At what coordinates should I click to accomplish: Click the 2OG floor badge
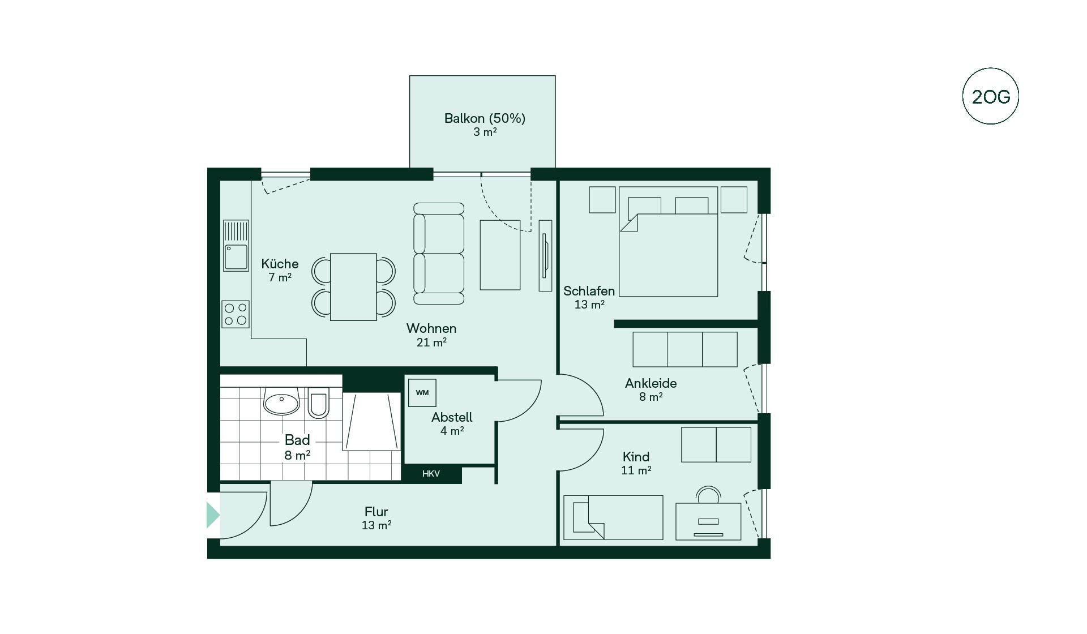tap(990, 96)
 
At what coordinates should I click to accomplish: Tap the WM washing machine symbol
tap(422, 393)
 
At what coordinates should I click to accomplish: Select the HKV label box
tap(431, 474)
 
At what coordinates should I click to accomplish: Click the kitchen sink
tap(236, 246)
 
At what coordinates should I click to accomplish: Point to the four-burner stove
tap(236, 314)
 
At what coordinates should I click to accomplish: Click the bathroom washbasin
tap(281, 401)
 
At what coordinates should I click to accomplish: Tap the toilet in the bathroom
tap(319, 402)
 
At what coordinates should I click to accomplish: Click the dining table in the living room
tap(353, 287)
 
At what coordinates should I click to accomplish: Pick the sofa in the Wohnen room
tap(439, 254)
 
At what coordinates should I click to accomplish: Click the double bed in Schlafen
tap(668, 242)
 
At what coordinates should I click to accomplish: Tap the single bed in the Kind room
tap(613, 517)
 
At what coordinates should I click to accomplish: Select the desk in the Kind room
tap(708, 521)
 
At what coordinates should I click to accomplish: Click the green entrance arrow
tap(213, 515)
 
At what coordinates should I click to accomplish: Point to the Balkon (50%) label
tap(485, 118)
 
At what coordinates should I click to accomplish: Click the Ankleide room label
tap(651, 383)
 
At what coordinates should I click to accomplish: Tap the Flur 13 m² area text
tap(376, 518)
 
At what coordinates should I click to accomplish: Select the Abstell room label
tap(452, 417)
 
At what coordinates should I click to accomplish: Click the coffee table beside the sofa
tap(500, 255)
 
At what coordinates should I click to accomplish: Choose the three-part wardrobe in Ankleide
tap(685, 349)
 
